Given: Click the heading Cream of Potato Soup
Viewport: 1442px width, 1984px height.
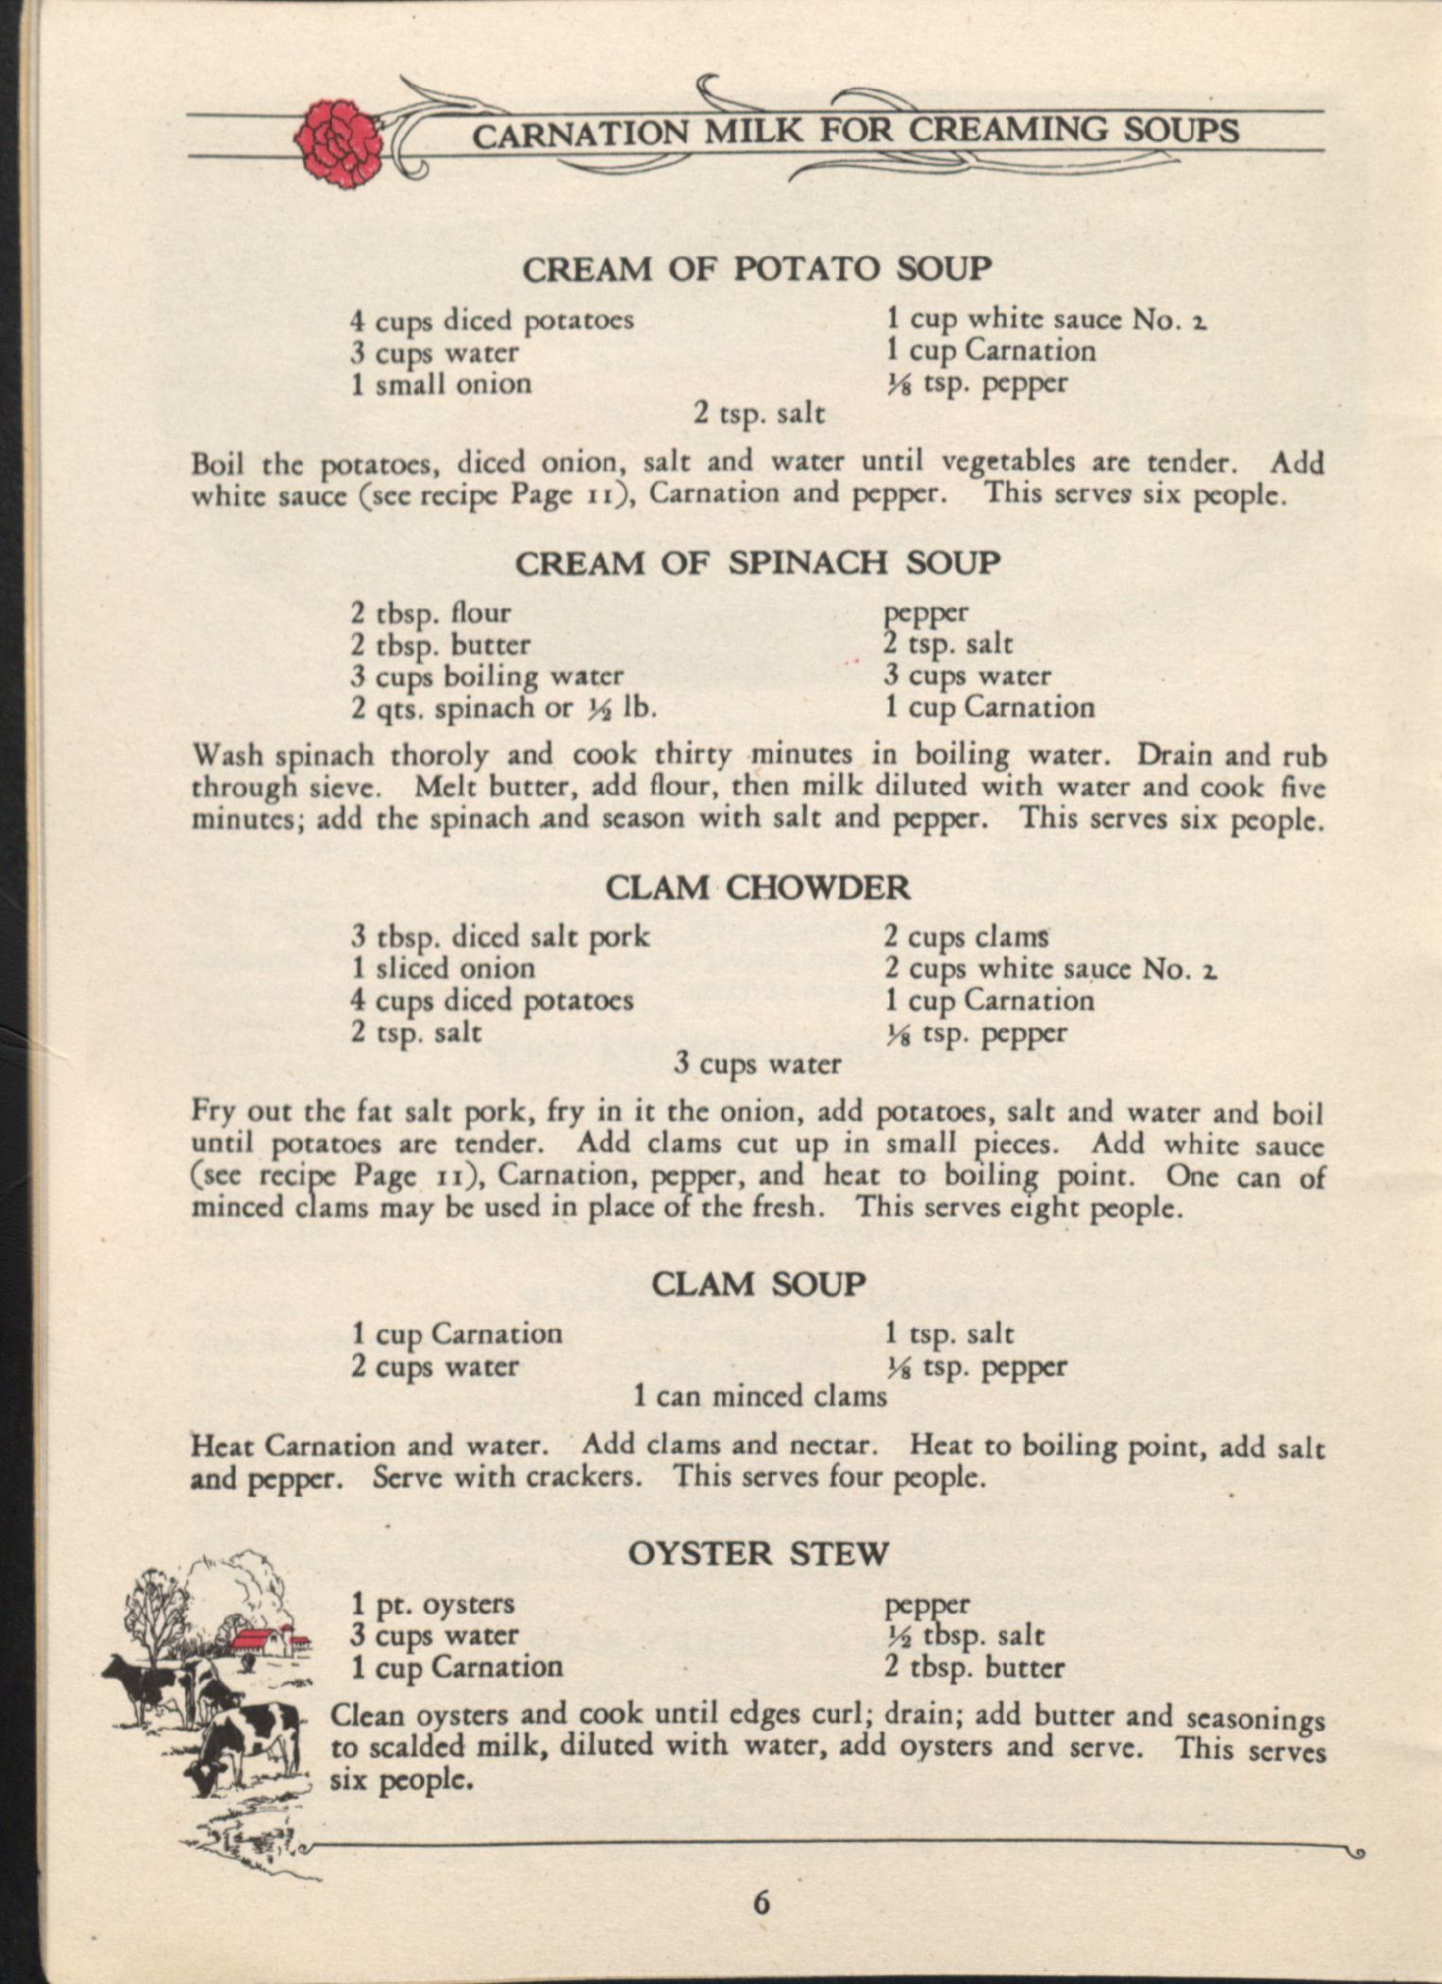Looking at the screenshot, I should (757, 270).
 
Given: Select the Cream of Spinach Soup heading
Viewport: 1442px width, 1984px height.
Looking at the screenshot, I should (757, 564).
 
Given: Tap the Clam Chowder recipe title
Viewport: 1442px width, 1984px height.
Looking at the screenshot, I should (757, 888).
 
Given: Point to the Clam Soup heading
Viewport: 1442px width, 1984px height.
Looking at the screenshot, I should (758, 1285).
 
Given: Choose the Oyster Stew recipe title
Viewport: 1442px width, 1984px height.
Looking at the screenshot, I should (758, 1554).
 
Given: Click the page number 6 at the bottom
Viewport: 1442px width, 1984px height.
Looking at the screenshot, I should (762, 1902).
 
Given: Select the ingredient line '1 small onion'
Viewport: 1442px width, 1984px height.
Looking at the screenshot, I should (441, 384).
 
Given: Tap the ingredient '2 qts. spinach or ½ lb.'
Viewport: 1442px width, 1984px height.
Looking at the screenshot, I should (503, 709).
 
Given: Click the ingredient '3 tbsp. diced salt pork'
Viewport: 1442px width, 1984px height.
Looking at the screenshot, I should (500, 937).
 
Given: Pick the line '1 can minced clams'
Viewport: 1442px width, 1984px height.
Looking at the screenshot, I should (760, 1396).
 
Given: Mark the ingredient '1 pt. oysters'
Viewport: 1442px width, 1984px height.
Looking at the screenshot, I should (432, 1605).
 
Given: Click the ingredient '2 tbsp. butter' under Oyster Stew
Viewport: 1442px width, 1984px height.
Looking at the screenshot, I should (975, 1667).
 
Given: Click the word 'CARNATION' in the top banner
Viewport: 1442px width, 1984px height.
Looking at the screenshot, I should (580, 134).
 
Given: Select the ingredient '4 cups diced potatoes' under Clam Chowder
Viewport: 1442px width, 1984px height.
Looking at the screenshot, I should (492, 1000).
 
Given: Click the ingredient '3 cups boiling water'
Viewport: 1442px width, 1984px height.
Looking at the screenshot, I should (487, 676).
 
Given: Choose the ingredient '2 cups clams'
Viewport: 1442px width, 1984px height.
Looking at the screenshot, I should (967, 938).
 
